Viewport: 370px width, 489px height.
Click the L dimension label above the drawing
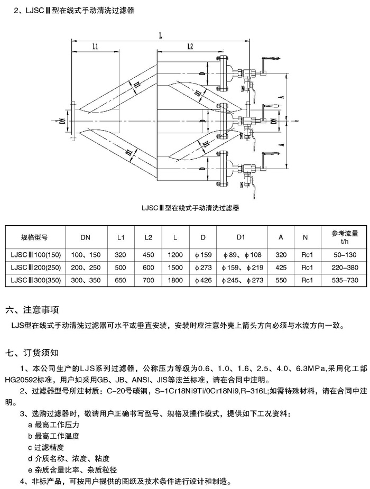click(x=161, y=35)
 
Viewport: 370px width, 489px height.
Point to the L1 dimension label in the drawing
click(x=95, y=47)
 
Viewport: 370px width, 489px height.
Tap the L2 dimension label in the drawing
click(x=190, y=47)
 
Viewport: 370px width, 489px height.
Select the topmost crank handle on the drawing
click(x=270, y=58)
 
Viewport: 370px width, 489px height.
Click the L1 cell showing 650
click(x=121, y=280)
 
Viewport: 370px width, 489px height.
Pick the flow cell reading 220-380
click(x=345, y=267)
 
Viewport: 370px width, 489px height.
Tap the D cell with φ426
click(x=203, y=280)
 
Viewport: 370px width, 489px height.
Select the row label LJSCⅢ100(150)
click(x=35, y=255)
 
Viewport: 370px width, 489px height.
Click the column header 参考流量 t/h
click(x=345, y=237)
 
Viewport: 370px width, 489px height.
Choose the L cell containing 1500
click(x=175, y=267)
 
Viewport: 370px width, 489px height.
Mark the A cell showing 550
click(x=281, y=280)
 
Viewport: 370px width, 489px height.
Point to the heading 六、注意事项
click(x=32, y=310)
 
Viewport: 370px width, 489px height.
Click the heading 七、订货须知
click(x=32, y=353)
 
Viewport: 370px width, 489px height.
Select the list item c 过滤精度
click(x=46, y=447)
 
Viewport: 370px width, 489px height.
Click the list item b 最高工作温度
click(x=53, y=436)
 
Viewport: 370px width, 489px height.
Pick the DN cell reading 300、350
click(x=86, y=280)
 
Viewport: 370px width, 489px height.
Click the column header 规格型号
click(x=34, y=237)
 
